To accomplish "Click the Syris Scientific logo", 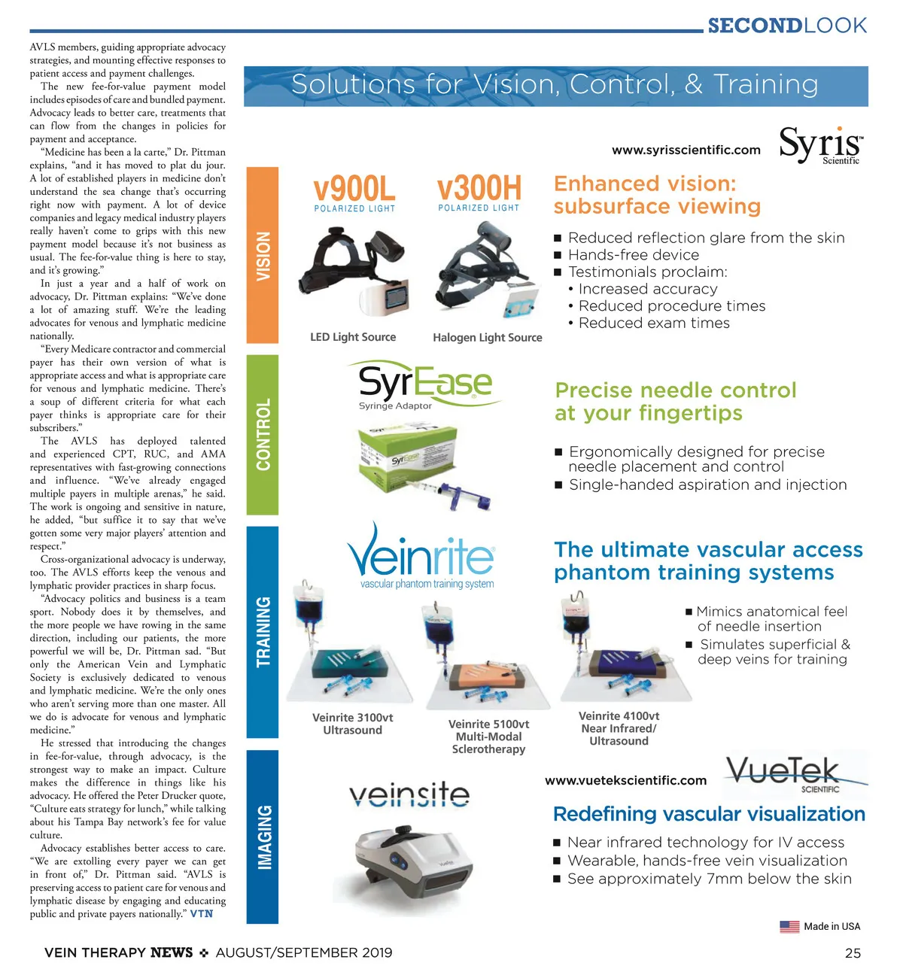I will (x=820, y=144).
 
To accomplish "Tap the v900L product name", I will (x=354, y=188).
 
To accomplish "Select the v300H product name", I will (x=479, y=187).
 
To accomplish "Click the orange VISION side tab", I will (x=263, y=256).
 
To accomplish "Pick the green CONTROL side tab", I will (x=263, y=434).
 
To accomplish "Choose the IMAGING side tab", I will (x=263, y=836).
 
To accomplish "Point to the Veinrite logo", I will (x=421, y=557).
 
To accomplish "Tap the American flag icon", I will (x=789, y=927).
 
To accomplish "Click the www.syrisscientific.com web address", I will (x=686, y=150).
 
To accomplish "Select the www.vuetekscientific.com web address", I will (x=625, y=781).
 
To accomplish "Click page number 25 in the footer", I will (x=853, y=953).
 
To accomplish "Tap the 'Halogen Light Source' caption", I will (x=487, y=338).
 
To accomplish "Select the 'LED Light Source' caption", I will (x=353, y=337).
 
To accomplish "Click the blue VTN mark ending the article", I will (x=202, y=914).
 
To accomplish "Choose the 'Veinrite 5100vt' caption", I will (x=488, y=724).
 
